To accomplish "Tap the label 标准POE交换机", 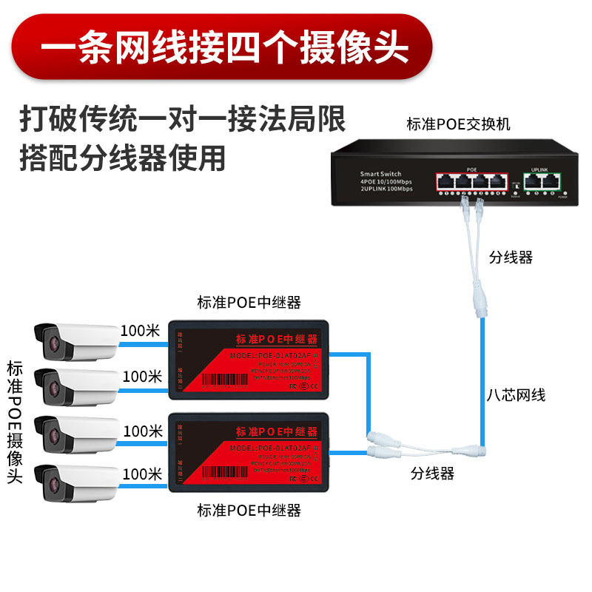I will click(x=458, y=124).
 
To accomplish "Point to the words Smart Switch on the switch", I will click(x=382, y=173).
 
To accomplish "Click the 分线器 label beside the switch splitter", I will click(x=511, y=258).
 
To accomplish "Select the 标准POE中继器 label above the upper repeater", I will click(x=249, y=302).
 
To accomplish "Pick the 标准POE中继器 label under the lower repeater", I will click(x=249, y=511).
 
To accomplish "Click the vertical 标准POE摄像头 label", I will click(x=15, y=422).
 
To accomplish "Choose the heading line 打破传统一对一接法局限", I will click(x=182, y=118).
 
